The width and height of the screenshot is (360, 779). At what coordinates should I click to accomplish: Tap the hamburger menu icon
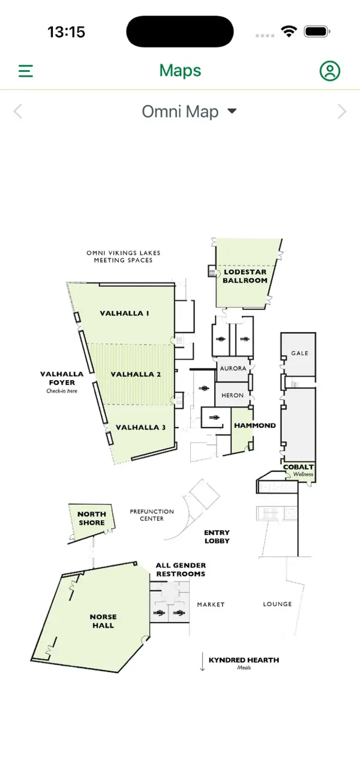click(x=26, y=71)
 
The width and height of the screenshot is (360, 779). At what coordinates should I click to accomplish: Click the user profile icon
click(x=330, y=71)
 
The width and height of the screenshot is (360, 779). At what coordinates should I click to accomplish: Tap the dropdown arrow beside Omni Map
click(x=232, y=111)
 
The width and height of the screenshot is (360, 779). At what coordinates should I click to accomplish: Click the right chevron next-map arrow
click(x=342, y=112)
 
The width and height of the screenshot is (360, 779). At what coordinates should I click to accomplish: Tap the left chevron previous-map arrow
click(x=18, y=112)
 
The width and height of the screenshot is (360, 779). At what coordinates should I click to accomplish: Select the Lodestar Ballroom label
click(x=245, y=276)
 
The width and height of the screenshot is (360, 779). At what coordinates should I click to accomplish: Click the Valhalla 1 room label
click(x=125, y=313)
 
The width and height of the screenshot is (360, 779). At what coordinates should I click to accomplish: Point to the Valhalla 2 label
click(x=136, y=374)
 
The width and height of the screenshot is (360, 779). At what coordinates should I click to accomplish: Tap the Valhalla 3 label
click(x=140, y=428)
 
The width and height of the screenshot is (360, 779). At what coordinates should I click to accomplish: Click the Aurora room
click(x=233, y=368)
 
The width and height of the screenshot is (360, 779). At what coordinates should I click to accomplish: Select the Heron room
click(x=232, y=395)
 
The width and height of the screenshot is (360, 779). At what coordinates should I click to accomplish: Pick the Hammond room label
click(x=255, y=425)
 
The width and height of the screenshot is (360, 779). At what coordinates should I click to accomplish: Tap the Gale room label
click(x=300, y=353)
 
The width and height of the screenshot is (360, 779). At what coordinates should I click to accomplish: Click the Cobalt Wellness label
click(x=298, y=470)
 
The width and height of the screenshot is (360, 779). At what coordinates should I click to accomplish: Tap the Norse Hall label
click(x=103, y=621)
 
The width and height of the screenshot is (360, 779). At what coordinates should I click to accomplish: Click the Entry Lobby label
click(x=217, y=537)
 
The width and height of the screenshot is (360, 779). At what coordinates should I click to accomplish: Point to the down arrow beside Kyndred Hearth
click(x=202, y=661)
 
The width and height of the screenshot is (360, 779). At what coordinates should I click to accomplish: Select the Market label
click(x=211, y=604)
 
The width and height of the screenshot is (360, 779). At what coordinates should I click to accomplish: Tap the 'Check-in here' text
click(x=62, y=391)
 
